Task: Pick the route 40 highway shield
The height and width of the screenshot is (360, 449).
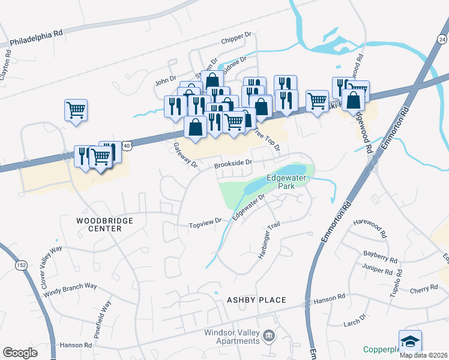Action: tap(124, 145)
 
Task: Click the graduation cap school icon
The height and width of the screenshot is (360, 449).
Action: tap(410, 341)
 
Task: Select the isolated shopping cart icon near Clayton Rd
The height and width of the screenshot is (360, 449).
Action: tap(76, 110)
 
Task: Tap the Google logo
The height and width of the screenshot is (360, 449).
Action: tap(20, 353)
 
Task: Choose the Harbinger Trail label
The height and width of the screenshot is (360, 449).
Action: tap(270, 241)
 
